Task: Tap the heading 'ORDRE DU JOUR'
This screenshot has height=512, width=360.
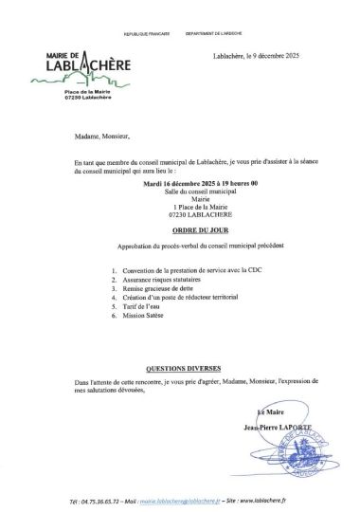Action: coord(180,229)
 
